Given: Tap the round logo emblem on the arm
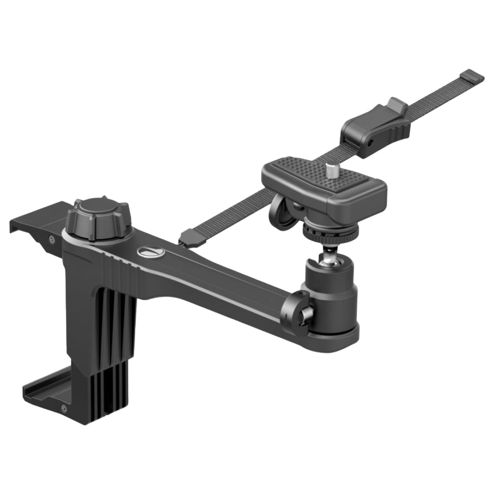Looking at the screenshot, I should click(x=151, y=252).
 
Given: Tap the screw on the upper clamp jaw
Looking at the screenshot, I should click(x=51, y=239).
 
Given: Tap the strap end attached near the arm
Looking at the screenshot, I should click(x=187, y=238).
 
